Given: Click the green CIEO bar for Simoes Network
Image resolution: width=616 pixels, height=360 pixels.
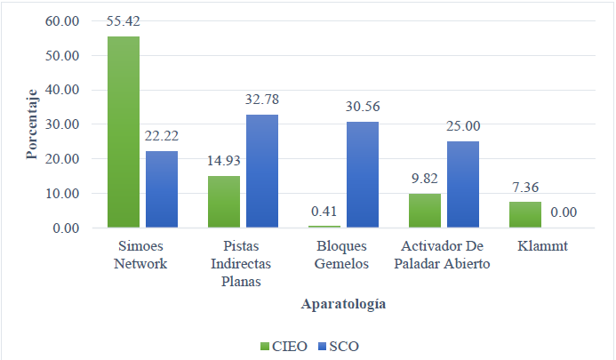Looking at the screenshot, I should (123, 132).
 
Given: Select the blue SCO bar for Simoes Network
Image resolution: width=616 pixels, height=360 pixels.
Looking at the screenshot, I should (161, 189).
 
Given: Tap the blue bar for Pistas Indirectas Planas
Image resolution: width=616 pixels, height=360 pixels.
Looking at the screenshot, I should (261, 172).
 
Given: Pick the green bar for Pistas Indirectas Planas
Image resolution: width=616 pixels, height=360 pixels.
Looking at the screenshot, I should (223, 202).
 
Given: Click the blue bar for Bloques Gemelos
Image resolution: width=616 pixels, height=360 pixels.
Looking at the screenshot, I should (362, 175).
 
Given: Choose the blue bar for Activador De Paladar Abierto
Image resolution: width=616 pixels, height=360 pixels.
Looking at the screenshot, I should (462, 185).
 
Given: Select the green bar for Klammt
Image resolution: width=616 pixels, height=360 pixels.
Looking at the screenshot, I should (524, 215).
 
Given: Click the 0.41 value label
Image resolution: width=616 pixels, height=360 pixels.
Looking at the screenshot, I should (324, 213).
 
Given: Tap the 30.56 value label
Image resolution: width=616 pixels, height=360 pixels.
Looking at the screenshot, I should (362, 108).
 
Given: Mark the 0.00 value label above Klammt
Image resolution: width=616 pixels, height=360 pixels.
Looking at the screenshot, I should (563, 213).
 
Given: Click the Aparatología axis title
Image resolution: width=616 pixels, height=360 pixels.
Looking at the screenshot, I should (342, 304).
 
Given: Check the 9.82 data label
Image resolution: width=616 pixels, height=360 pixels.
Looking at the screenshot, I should (425, 179).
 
